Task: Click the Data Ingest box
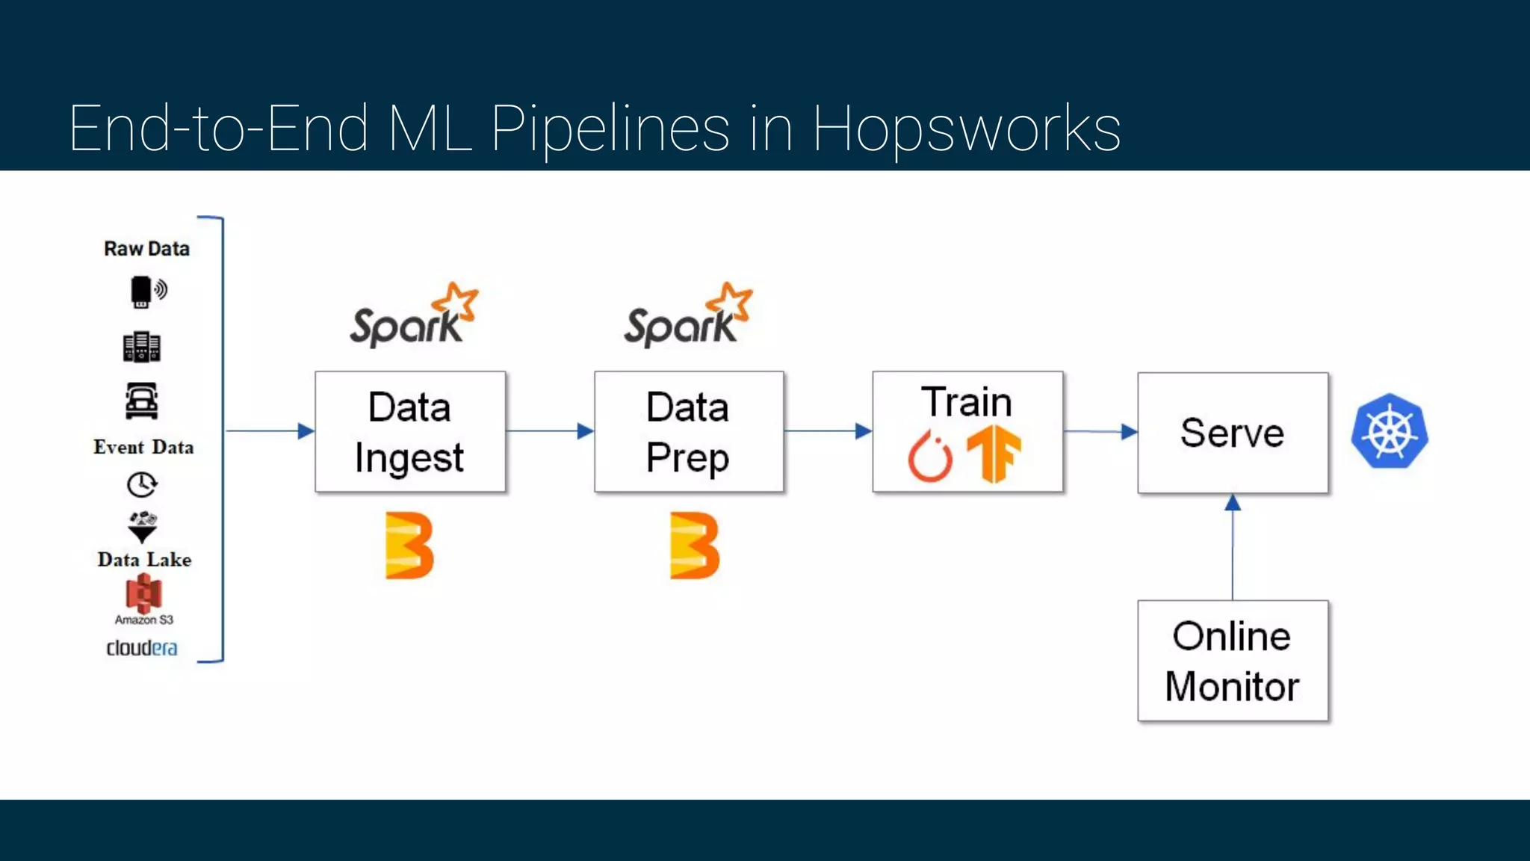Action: click(409, 431)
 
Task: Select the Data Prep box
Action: click(688, 431)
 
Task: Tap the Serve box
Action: click(1232, 433)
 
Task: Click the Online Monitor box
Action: click(1232, 661)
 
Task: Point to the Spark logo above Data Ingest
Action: click(413, 317)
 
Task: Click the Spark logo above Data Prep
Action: click(688, 317)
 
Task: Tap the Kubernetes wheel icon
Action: click(1390, 431)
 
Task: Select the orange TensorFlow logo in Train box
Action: click(994, 453)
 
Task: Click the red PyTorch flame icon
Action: click(930, 455)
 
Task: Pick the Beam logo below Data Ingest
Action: click(409, 546)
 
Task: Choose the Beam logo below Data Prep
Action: click(694, 546)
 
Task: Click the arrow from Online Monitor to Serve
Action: click(1233, 549)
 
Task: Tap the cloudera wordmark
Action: click(142, 648)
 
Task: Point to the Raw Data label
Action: click(146, 249)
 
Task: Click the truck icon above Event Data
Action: click(141, 401)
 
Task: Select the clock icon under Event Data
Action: click(141, 485)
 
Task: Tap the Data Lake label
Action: click(144, 560)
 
